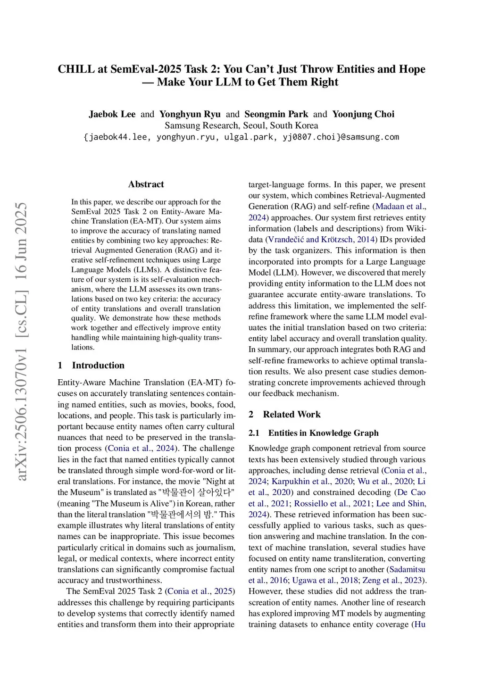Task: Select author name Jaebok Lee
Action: tap(112, 114)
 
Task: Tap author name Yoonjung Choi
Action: tap(363, 114)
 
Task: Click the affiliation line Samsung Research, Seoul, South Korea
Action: tap(241, 125)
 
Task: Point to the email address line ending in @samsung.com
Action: tap(241, 137)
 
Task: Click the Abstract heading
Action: tap(146, 184)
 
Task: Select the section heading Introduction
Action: tap(98, 366)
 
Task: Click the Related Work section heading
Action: tap(291, 415)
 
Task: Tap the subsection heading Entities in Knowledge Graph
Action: tap(323, 433)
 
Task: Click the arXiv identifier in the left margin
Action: tap(21, 342)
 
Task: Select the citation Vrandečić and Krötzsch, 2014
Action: tap(322, 240)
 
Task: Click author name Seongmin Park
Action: tap(276, 114)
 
